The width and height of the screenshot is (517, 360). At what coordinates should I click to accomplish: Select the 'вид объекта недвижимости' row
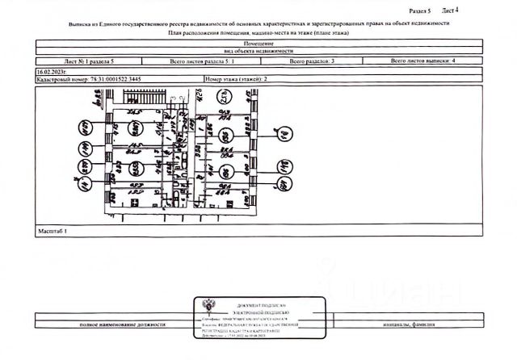[258, 50]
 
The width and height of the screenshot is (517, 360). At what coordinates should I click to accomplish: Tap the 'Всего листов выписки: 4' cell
[424, 61]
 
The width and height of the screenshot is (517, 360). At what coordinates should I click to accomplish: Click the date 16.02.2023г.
[52, 72]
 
